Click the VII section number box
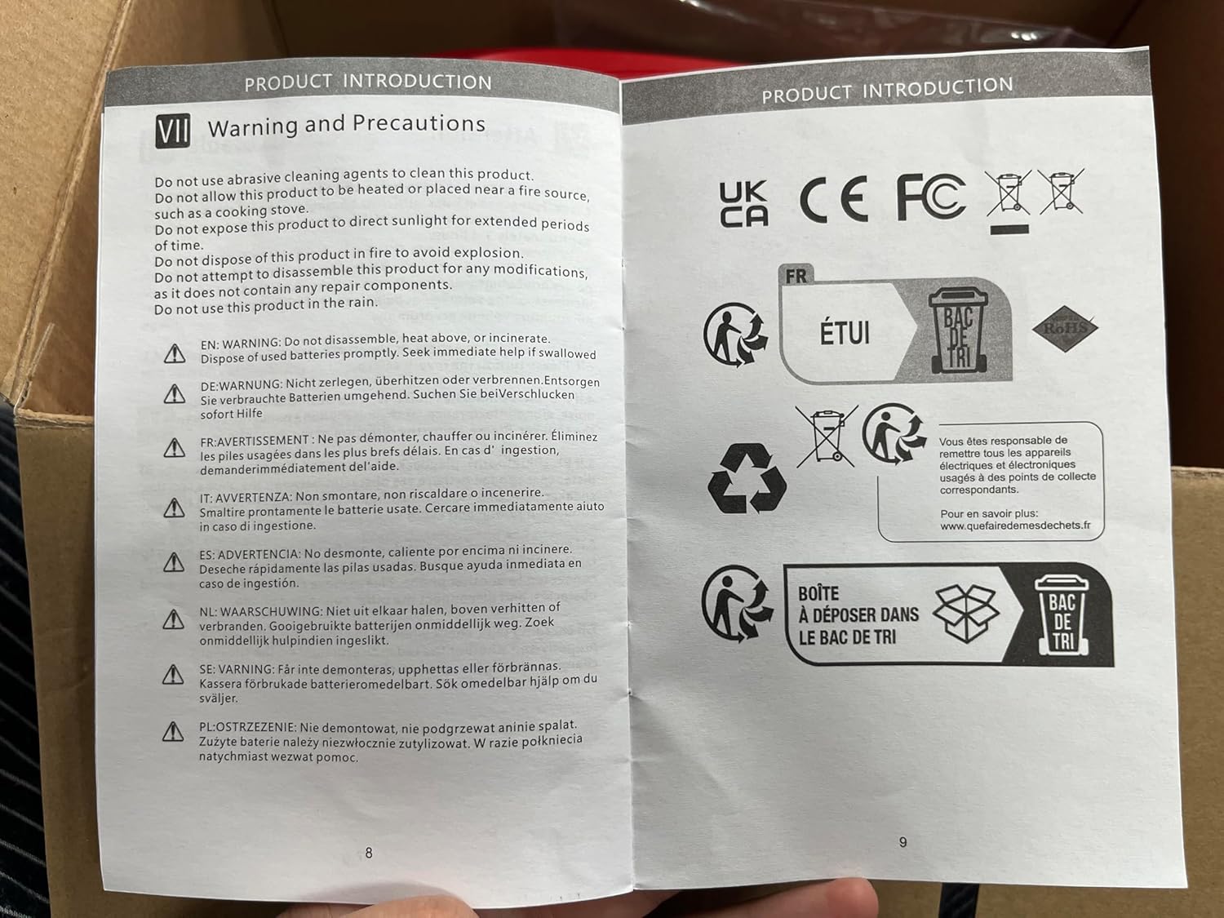click(x=172, y=131)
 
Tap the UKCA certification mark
click(x=743, y=204)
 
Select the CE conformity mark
click(x=834, y=199)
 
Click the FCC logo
click(x=931, y=196)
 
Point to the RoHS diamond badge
click(x=1065, y=328)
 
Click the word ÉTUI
click(x=845, y=333)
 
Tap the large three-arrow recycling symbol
click(x=747, y=478)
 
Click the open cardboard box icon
click(x=966, y=613)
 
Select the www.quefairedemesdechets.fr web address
click(x=1015, y=526)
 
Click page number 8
click(x=369, y=852)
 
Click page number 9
click(x=902, y=841)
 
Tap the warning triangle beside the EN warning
click(x=175, y=353)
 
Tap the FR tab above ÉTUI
click(x=796, y=275)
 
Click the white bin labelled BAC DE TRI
click(x=1062, y=614)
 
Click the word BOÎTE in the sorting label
click(x=818, y=593)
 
